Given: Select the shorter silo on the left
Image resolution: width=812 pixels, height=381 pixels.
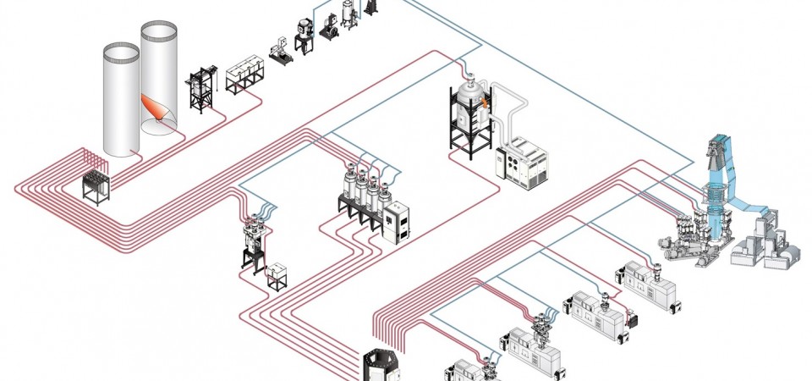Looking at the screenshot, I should [x=120, y=102].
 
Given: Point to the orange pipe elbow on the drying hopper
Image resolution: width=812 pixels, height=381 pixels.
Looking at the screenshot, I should [x=486, y=100].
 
